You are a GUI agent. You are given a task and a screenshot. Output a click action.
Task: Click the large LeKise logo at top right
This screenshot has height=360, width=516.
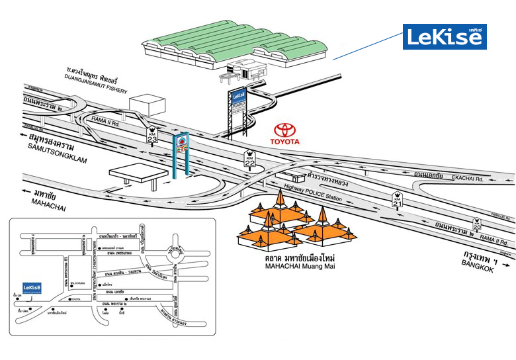pyautogui.click(x=445, y=36)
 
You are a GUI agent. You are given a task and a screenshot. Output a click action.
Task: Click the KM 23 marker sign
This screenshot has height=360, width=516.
pyautogui.click(x=151, y=134)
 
